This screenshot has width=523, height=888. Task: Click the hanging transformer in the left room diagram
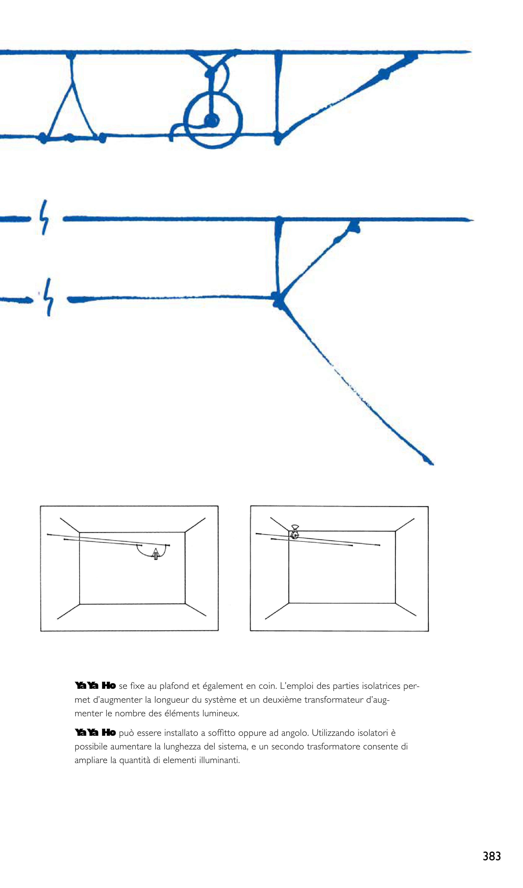pyautogui.click(x=155, y=554)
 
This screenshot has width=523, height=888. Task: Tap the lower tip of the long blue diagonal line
pyautogui.click(x=433, y=464)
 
